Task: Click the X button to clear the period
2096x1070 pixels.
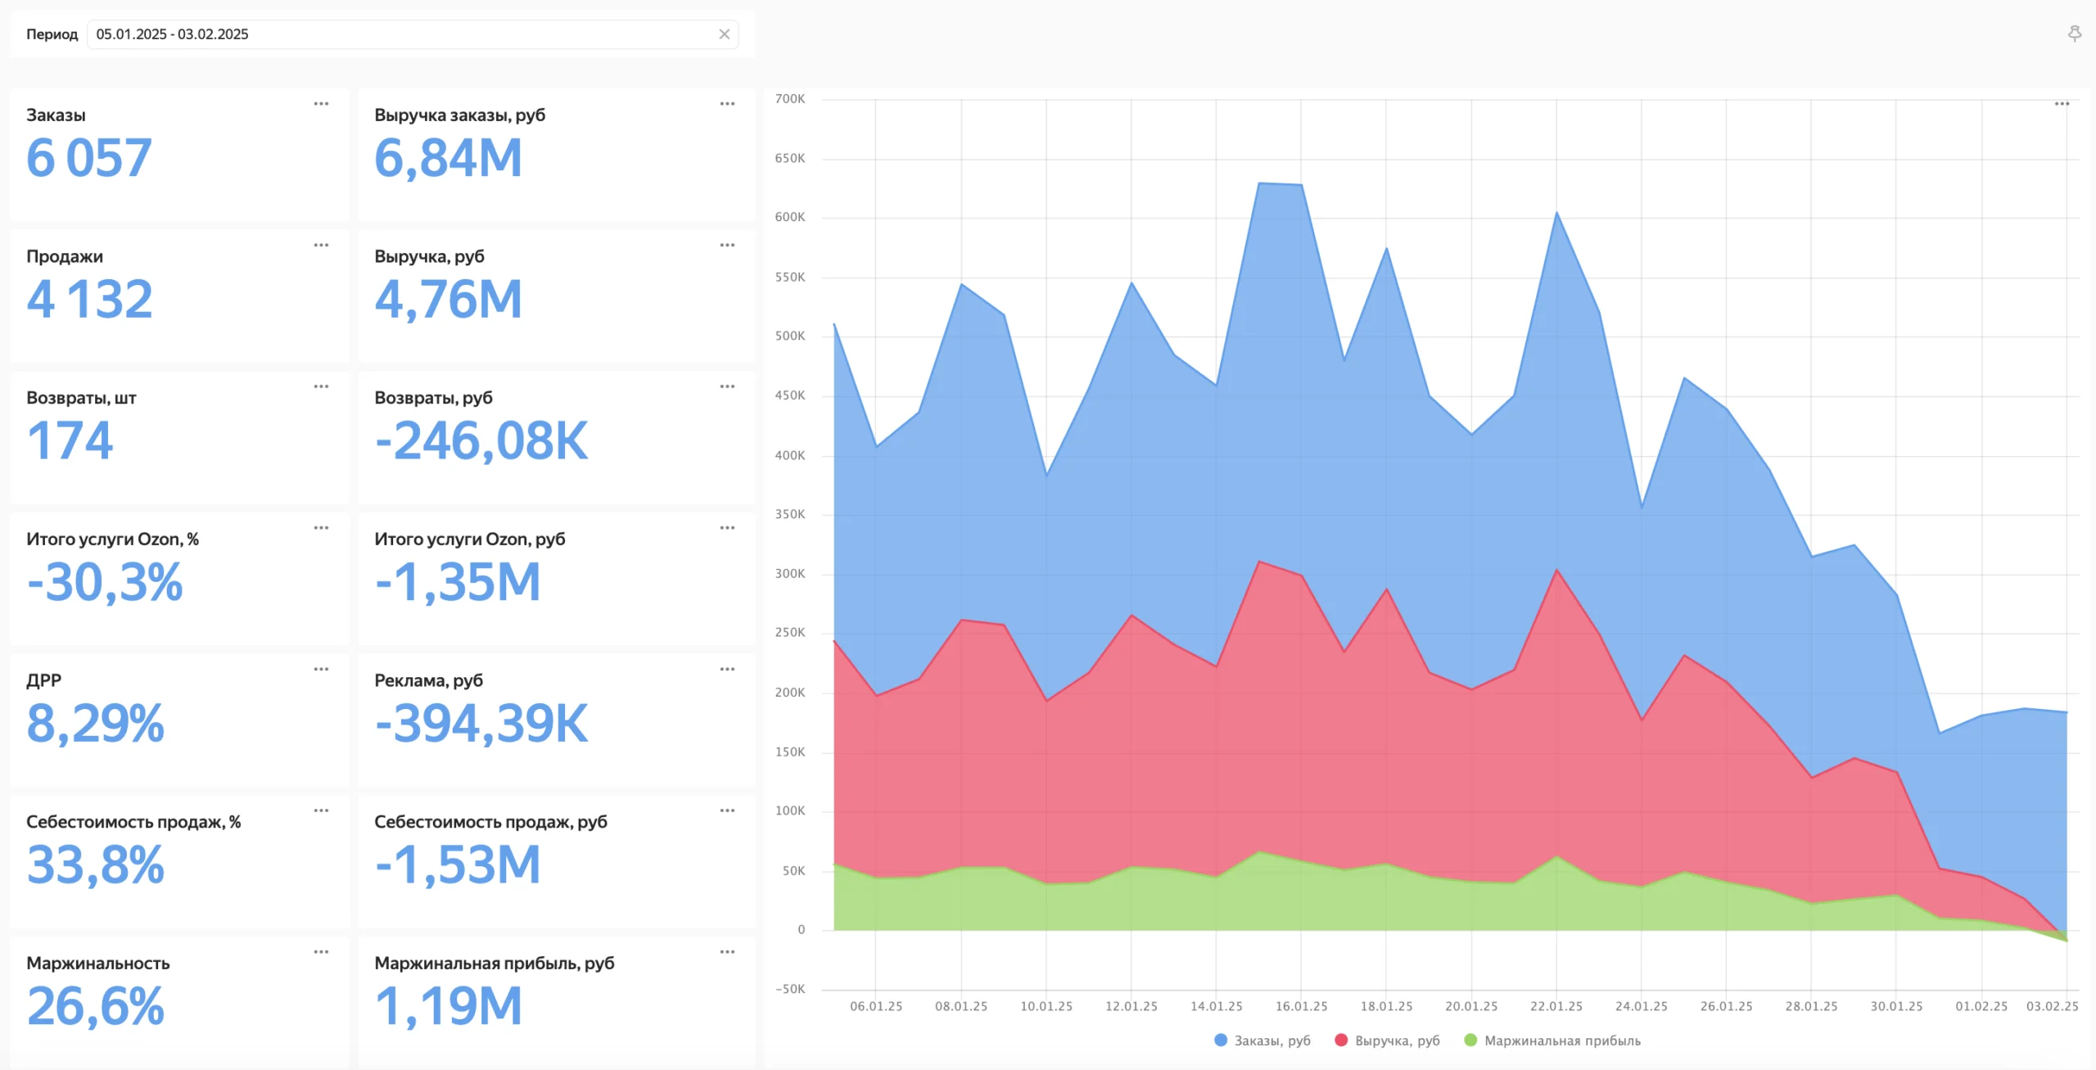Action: pyautogui.click(x=725, y=34)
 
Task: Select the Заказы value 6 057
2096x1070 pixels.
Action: pyautogui.click(x=89, y=158)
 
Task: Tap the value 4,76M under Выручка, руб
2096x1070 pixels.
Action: pyautogui.click(x=449, y=300)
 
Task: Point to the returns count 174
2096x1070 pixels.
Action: pyautogui.click(x=70, y=441)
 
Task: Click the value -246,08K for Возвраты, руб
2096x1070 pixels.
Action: pyautogui.click(x=481, y=441)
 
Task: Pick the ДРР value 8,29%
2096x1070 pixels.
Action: pyautogui.click(x=96, y=724)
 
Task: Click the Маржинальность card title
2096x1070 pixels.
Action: pyautogui.click(x=98, y=963)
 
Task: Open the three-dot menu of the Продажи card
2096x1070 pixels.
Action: pyautogui.click(x=321, y=245)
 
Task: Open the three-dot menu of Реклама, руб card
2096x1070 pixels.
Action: pyautogui.click(x=727, y=669)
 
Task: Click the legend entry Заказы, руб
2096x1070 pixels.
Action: pyautogui.click(x=1263, y=1041)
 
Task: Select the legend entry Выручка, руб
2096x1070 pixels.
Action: pyautogui.click(x=1387, y=1041)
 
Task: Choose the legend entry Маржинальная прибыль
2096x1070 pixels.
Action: pyautogui.click(x=1552, y=1041)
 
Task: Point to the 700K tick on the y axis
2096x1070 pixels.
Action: pyautogui.click(x=790, y=99)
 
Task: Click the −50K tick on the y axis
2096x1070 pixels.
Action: pyautogui.click(x=790, y=989)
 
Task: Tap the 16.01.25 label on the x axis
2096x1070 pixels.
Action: pyautogui.click(x=1301, y=1006)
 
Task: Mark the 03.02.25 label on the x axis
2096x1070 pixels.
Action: pyautogui.click(x=2052, y=1006)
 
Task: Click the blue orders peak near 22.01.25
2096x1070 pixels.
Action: pyautogui.click(x=1556, y=213)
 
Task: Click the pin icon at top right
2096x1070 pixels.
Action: pyautogui.click(x=2075, y=34)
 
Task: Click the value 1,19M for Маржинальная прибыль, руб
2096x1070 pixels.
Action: pyautogui.click(x=449, y=1006)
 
